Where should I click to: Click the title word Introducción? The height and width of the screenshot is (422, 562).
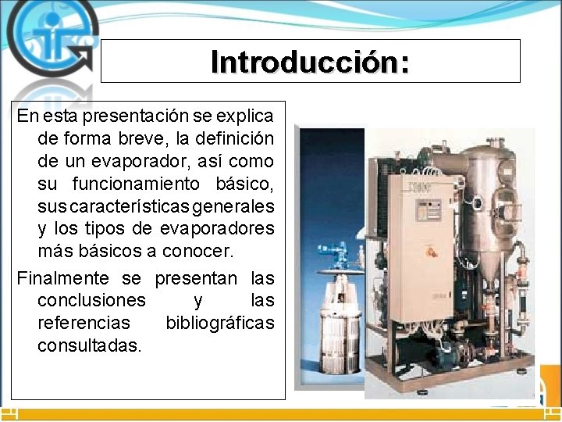coord(310,62)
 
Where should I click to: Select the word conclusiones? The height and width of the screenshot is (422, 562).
coord(91,300)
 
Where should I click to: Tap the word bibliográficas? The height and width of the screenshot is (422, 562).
coord(220,323)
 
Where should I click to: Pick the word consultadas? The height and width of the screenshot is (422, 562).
coord(90,345)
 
